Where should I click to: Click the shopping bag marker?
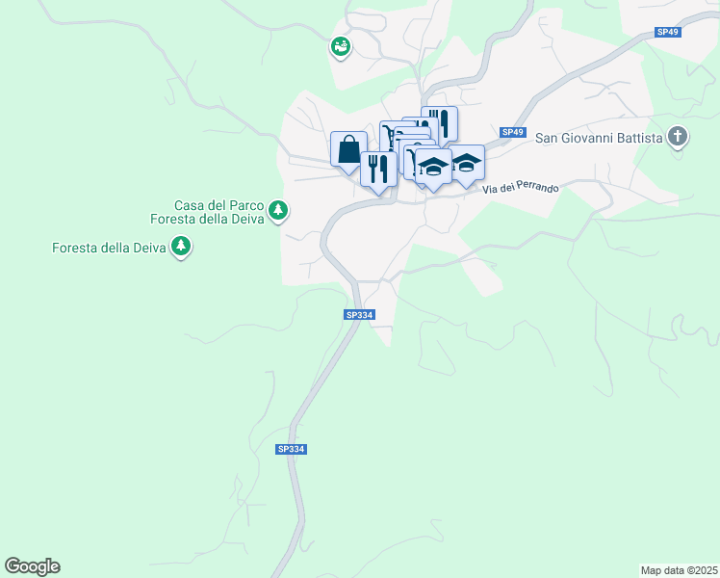click(x=348, y=149)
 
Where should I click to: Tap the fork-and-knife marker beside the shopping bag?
click(x=378, y=169)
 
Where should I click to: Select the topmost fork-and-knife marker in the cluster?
click(x=439, y=122)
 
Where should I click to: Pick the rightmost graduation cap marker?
click(x=467, y=164)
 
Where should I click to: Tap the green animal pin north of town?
click(x=340, y=45)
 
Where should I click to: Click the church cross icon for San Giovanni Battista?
click(x=679, y=137)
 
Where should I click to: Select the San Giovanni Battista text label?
click(x=599, y=138)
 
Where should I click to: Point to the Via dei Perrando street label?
click(x=521, y=187)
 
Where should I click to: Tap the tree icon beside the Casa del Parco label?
click(x=278, y=209)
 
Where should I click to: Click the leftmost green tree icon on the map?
click(x=180, y=248)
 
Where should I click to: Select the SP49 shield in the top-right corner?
click(x=668, y=32)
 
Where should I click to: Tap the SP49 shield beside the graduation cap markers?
click(x=513, y=132)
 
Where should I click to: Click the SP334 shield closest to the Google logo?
click(x=291, y=449)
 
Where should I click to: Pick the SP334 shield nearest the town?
click(x=358, y=314)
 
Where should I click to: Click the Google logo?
click(x=32, y=566)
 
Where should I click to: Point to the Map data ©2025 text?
click(x=679, y=570)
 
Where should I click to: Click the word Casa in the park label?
click(x=190, y=205)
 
